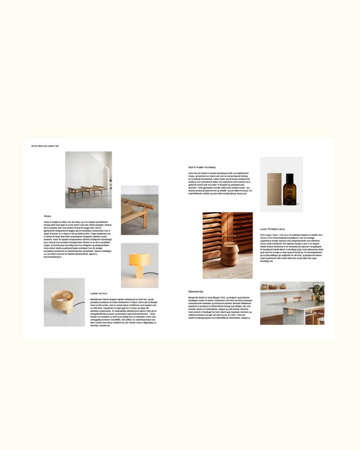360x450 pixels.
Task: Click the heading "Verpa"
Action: tap(47, 216)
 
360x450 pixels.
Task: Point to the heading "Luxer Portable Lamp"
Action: tap(274, 229)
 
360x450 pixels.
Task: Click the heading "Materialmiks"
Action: tap(198, 292)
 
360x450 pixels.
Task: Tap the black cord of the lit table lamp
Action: tap(151, 273)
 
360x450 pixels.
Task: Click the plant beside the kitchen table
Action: tap(317, 291)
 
